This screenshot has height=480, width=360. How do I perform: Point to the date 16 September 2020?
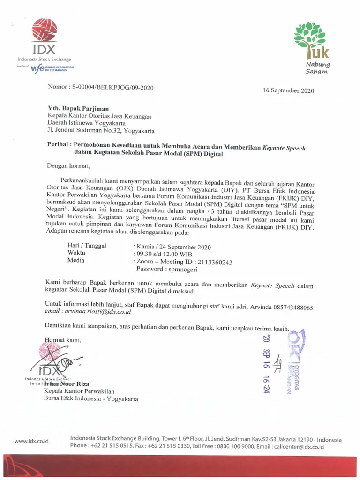pos(288,90)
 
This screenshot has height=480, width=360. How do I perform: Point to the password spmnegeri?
pos(180,270)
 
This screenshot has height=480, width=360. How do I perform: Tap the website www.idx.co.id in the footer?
pos(31,441)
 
